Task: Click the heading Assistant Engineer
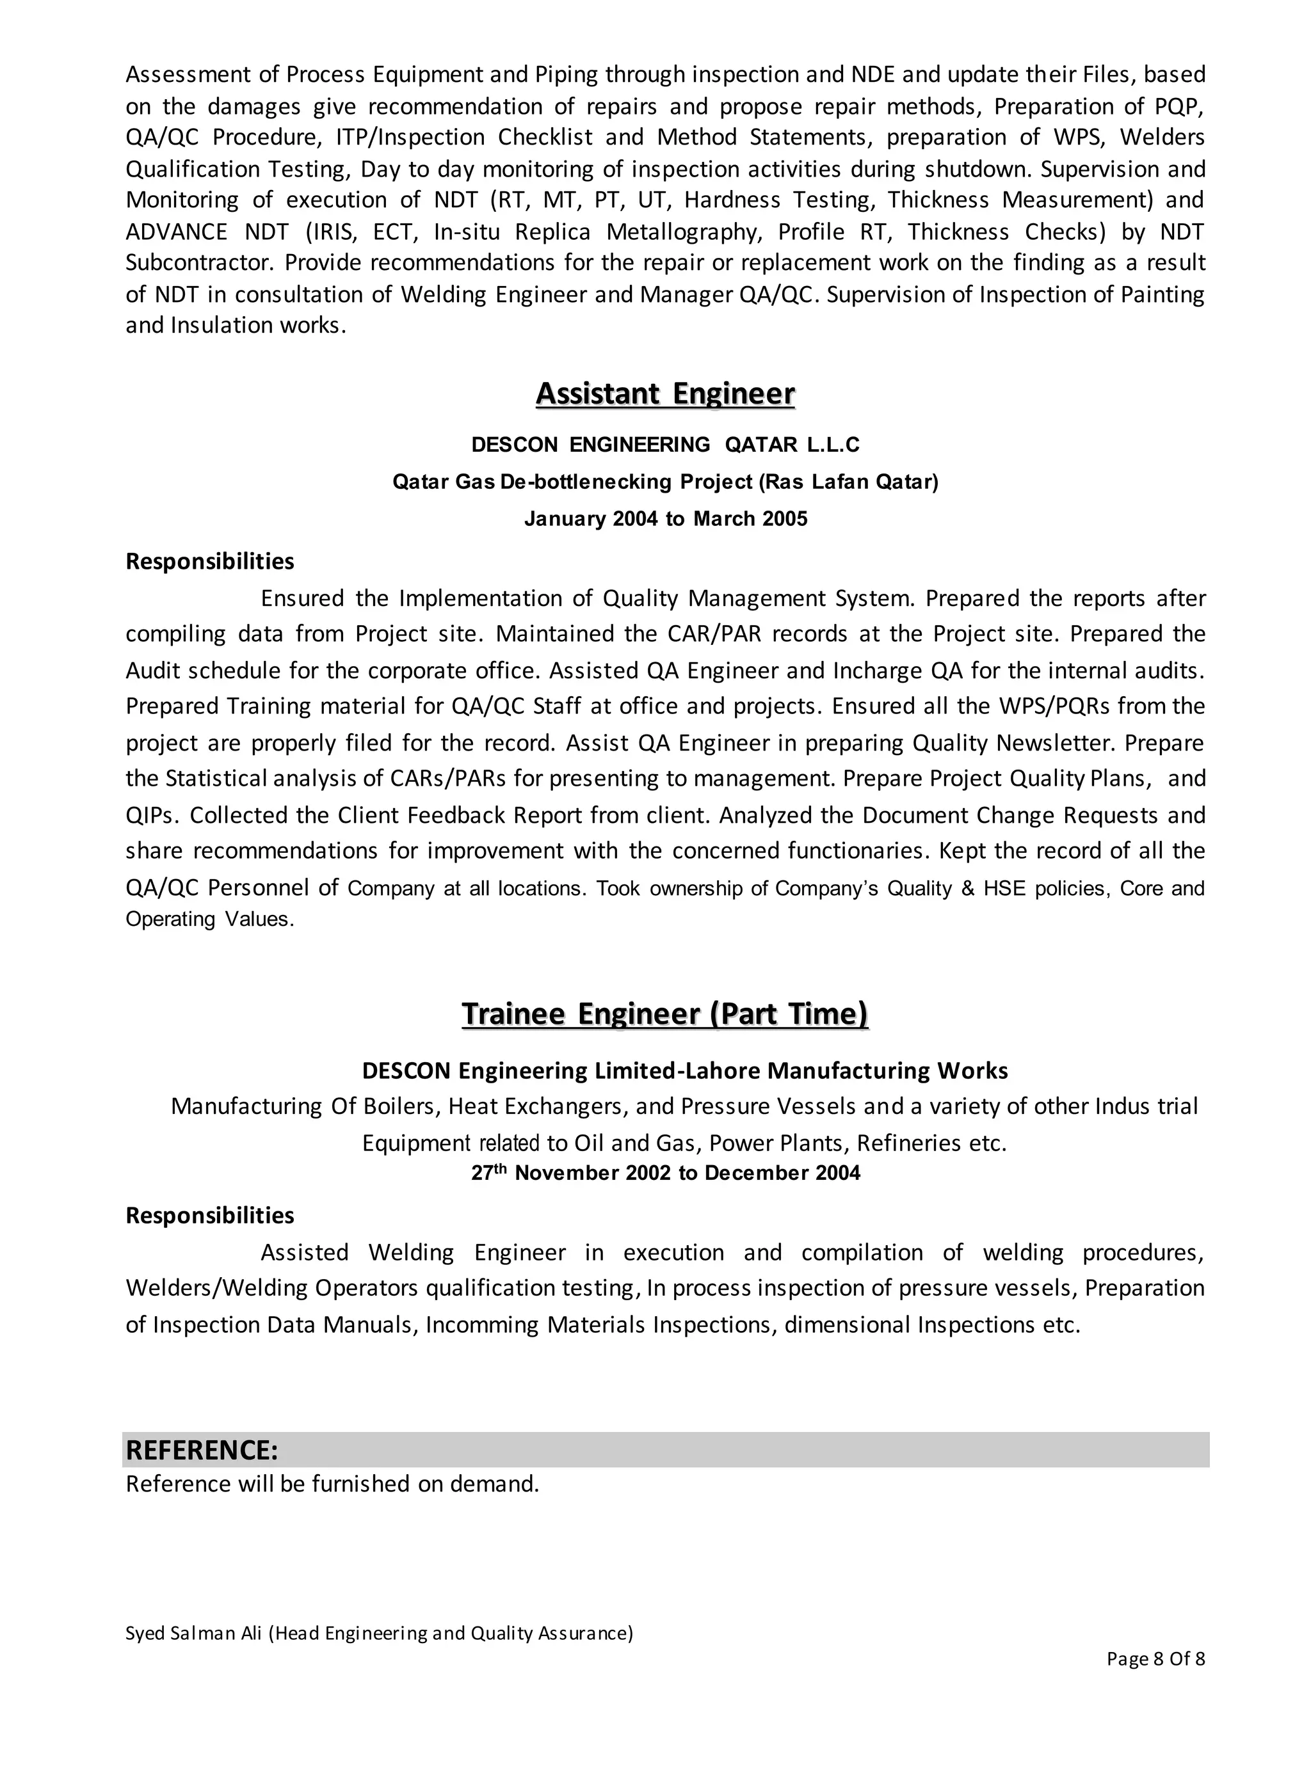coord(665,394)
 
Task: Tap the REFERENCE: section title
coord(202,1450)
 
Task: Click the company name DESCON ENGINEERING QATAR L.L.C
coord(665,445)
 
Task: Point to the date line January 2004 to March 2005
coord(665,519)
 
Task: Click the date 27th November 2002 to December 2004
coord(665,1173)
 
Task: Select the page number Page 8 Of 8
coord(1155,1658)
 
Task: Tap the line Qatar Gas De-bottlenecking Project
coord(665,482)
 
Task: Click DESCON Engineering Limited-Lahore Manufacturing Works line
coord(684,1071)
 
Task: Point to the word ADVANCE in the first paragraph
coord(176,232)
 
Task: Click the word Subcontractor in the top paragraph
coord(202,262)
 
